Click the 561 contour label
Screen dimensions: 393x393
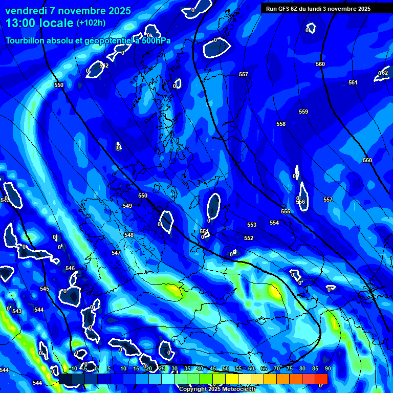point(353,82)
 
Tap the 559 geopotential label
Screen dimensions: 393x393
point(303,112)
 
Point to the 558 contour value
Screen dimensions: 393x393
point(281,124)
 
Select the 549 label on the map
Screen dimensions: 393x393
point(127,206)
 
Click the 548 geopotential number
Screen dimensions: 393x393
point(129,235)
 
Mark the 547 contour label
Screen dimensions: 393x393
point(116,253)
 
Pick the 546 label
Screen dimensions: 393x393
point(70,268)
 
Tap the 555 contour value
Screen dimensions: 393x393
point(286,211)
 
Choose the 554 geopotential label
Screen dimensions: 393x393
point(274,223)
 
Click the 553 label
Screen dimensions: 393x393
point(252,225)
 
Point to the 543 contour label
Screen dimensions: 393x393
point(17,311)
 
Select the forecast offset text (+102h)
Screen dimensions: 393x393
point(91,23)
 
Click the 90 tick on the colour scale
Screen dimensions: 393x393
point(327,368)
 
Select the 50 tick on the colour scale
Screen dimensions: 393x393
point(225,368)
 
